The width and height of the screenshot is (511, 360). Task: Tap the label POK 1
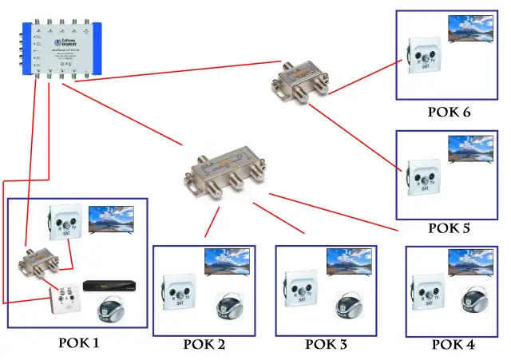[77, 343]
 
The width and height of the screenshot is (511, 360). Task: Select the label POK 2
[204, 345]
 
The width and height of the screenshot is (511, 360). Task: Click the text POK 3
[327, 345]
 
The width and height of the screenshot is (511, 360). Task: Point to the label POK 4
[454, 345]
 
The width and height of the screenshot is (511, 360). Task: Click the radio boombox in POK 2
[232, 307]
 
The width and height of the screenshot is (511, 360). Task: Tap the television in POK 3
[350, 261]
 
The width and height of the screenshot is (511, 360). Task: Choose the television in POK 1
[111, 220]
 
